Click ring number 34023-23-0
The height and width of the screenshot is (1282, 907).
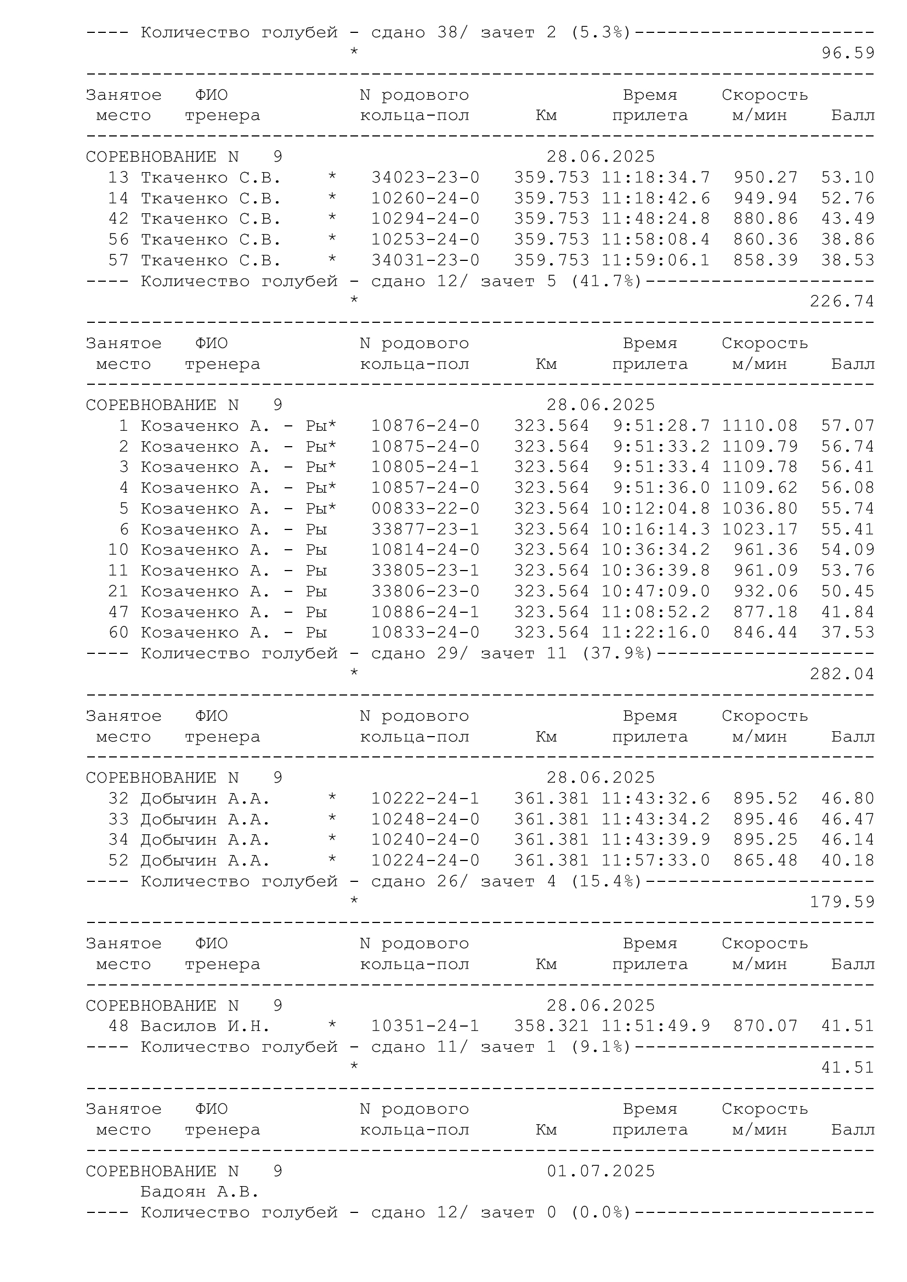click(425, 178)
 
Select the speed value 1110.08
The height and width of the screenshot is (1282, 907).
click(759, 426)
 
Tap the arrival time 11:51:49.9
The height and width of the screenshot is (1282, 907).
click(656, 1025)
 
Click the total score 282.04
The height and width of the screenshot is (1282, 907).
click(842, 674)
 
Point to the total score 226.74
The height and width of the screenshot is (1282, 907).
click(842, 301)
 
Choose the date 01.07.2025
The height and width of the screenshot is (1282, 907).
click(600, 1171)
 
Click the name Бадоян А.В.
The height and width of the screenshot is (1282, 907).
click(200, 1192)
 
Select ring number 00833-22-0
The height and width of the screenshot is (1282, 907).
click(425, 509)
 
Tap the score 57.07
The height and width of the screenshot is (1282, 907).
click(847, 426)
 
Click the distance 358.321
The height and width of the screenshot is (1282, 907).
click(551, 1025)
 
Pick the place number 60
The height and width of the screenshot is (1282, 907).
click(118, 633)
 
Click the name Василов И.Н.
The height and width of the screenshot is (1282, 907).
click(205, 1025)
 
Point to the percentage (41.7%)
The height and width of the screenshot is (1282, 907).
click(606, 281)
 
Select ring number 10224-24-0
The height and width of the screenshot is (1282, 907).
click(425, 861)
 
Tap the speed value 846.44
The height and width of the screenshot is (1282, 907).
click(765, 633)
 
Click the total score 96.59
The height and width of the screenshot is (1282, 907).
click(847, 53)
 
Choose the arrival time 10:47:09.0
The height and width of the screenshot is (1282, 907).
click(656, 591)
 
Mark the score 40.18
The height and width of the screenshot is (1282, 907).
click(847, 861)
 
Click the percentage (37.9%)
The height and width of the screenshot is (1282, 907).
click(617, 653)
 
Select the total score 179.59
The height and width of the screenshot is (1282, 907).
click(842, 902)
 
